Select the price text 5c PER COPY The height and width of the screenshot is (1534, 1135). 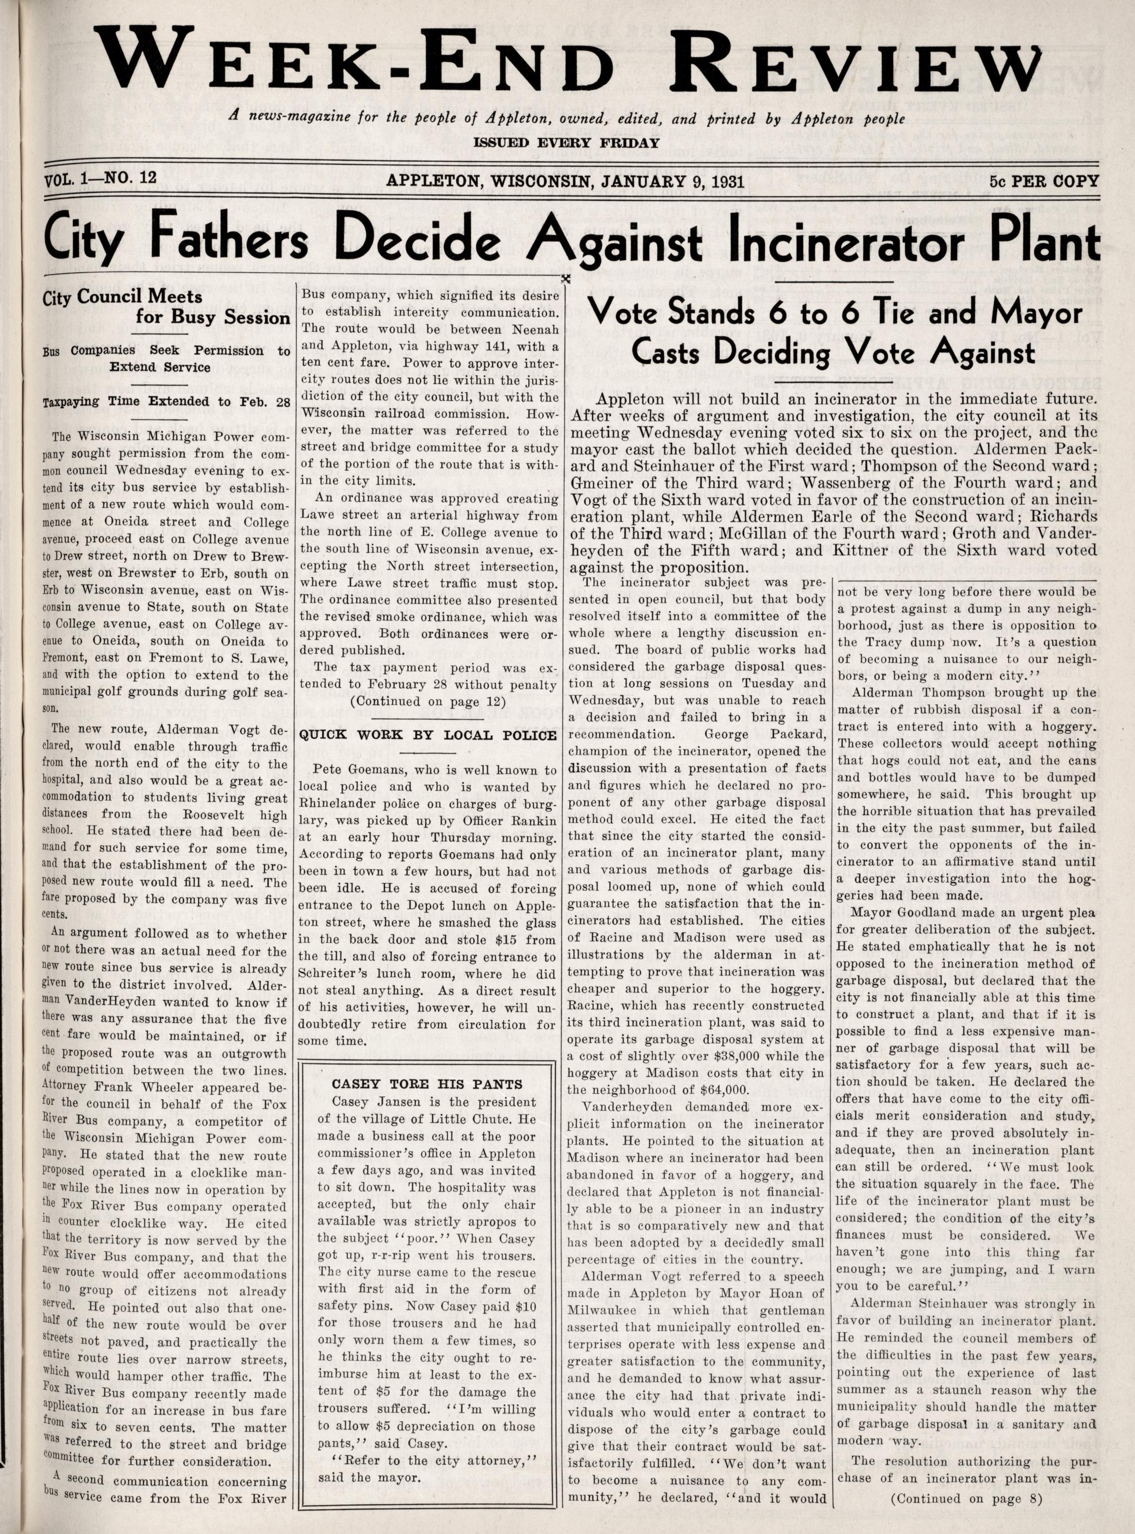click(x=1044, y=181)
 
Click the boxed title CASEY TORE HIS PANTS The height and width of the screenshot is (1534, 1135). click(x=427, y=1084)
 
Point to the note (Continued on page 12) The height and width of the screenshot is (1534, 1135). click(x=428, y=702)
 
